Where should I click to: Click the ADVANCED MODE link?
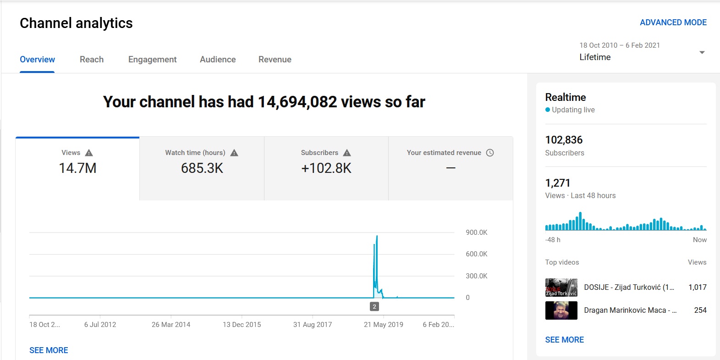pos(673,22)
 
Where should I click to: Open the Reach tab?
pos(92,60)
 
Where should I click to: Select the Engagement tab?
pos(152,60)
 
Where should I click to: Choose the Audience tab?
pos(218,60)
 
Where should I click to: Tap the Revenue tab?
pos(275,60)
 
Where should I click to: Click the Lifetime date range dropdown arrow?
pos(702,52)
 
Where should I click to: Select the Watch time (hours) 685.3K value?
pos(202,168)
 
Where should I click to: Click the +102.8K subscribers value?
pos(326,168)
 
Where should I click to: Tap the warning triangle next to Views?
pos(89,153)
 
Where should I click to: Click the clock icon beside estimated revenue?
pos(490,153)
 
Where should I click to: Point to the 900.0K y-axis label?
pos(476,232)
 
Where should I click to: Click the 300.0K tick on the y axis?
pos(476,276)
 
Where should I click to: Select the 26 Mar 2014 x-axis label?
pos(171,325)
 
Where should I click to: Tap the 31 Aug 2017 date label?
pos(313,325)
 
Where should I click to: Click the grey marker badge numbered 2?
pos(374,307)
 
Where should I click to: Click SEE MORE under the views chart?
pos(49,350)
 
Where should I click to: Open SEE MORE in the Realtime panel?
pos(565,340)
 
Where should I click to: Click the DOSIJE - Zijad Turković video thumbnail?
pos(561,287)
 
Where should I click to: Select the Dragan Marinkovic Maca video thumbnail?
pos(561,310)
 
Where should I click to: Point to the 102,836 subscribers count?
pos(564,140)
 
